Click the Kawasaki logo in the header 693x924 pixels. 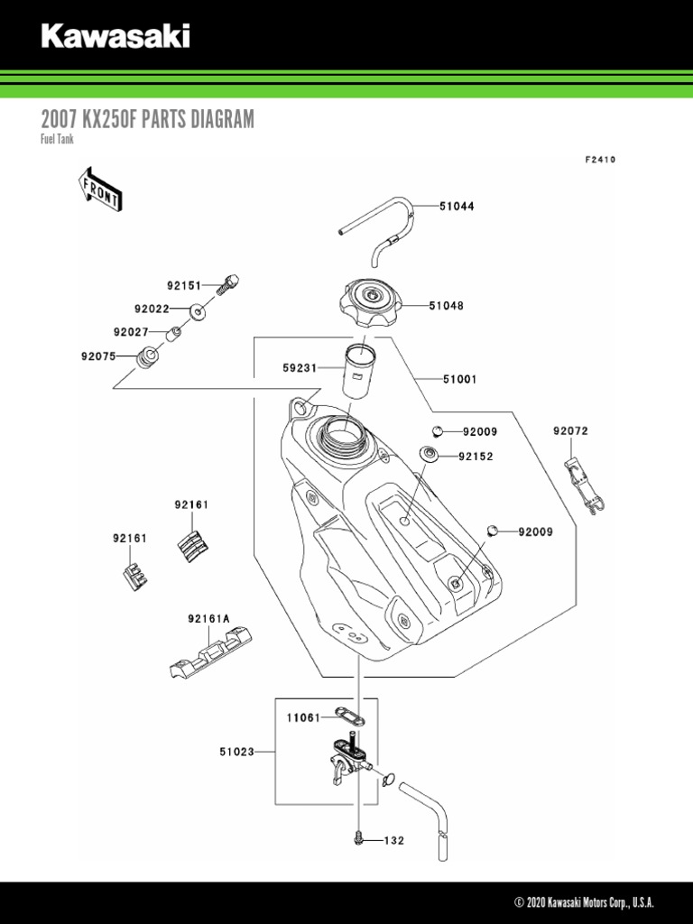pyautogui.click(x=115, y=36)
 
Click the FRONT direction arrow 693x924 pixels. pyautogui.click(x=99, y=187)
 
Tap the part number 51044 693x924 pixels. pyautogui.click(x=457, y=207)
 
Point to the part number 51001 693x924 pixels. pyautogui.click(x=460, y=380)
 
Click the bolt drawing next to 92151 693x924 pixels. pyautogui.click(x=227, y=283)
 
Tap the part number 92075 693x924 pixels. pyautogui.click(x=98, y=356)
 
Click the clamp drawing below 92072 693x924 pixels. pyautogui.click(x=581, y=487)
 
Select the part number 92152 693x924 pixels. pyautogui.click(x=476, y=457)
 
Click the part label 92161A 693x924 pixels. pyautogui.click(x=208, y=619)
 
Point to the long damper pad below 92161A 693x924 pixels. pyautogui.click(x=210, y=652)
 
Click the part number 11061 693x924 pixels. pyautogui.click(x=304, y=718)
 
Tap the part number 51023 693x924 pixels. pyautogui.click(x=236, y=750)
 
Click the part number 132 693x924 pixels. pyautogui.click(x=394, y=841)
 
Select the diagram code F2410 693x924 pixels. pyautogui.click(x=599, y=160)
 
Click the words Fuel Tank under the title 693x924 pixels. pyautogui.click(x=58, y=140)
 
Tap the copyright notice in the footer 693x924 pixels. pyautogui.click(x=584, y=903)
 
